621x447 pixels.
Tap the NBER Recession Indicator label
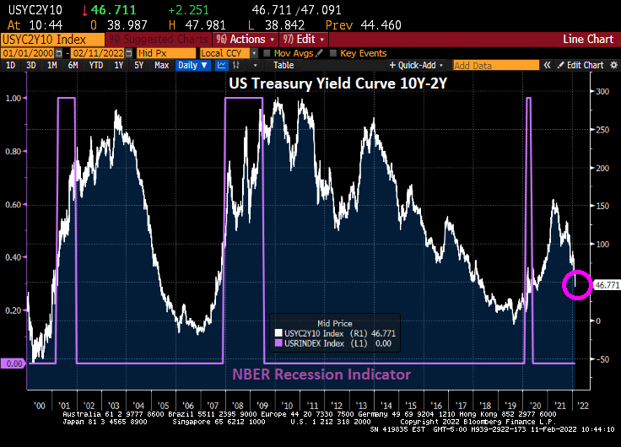tap(321, 374)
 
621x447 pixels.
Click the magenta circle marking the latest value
tap(577, 284)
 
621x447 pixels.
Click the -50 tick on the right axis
tap(602, 359)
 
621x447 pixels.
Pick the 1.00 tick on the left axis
tap(13, 99)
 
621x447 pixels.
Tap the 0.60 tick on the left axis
tap(13, 204)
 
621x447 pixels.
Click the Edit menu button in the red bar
tap(303, 39)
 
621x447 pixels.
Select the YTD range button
tap(96, 65)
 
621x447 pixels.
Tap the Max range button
tap(161, 65)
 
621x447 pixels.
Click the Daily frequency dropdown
tap(192, 65)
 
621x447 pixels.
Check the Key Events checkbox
tap(332, 53)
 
